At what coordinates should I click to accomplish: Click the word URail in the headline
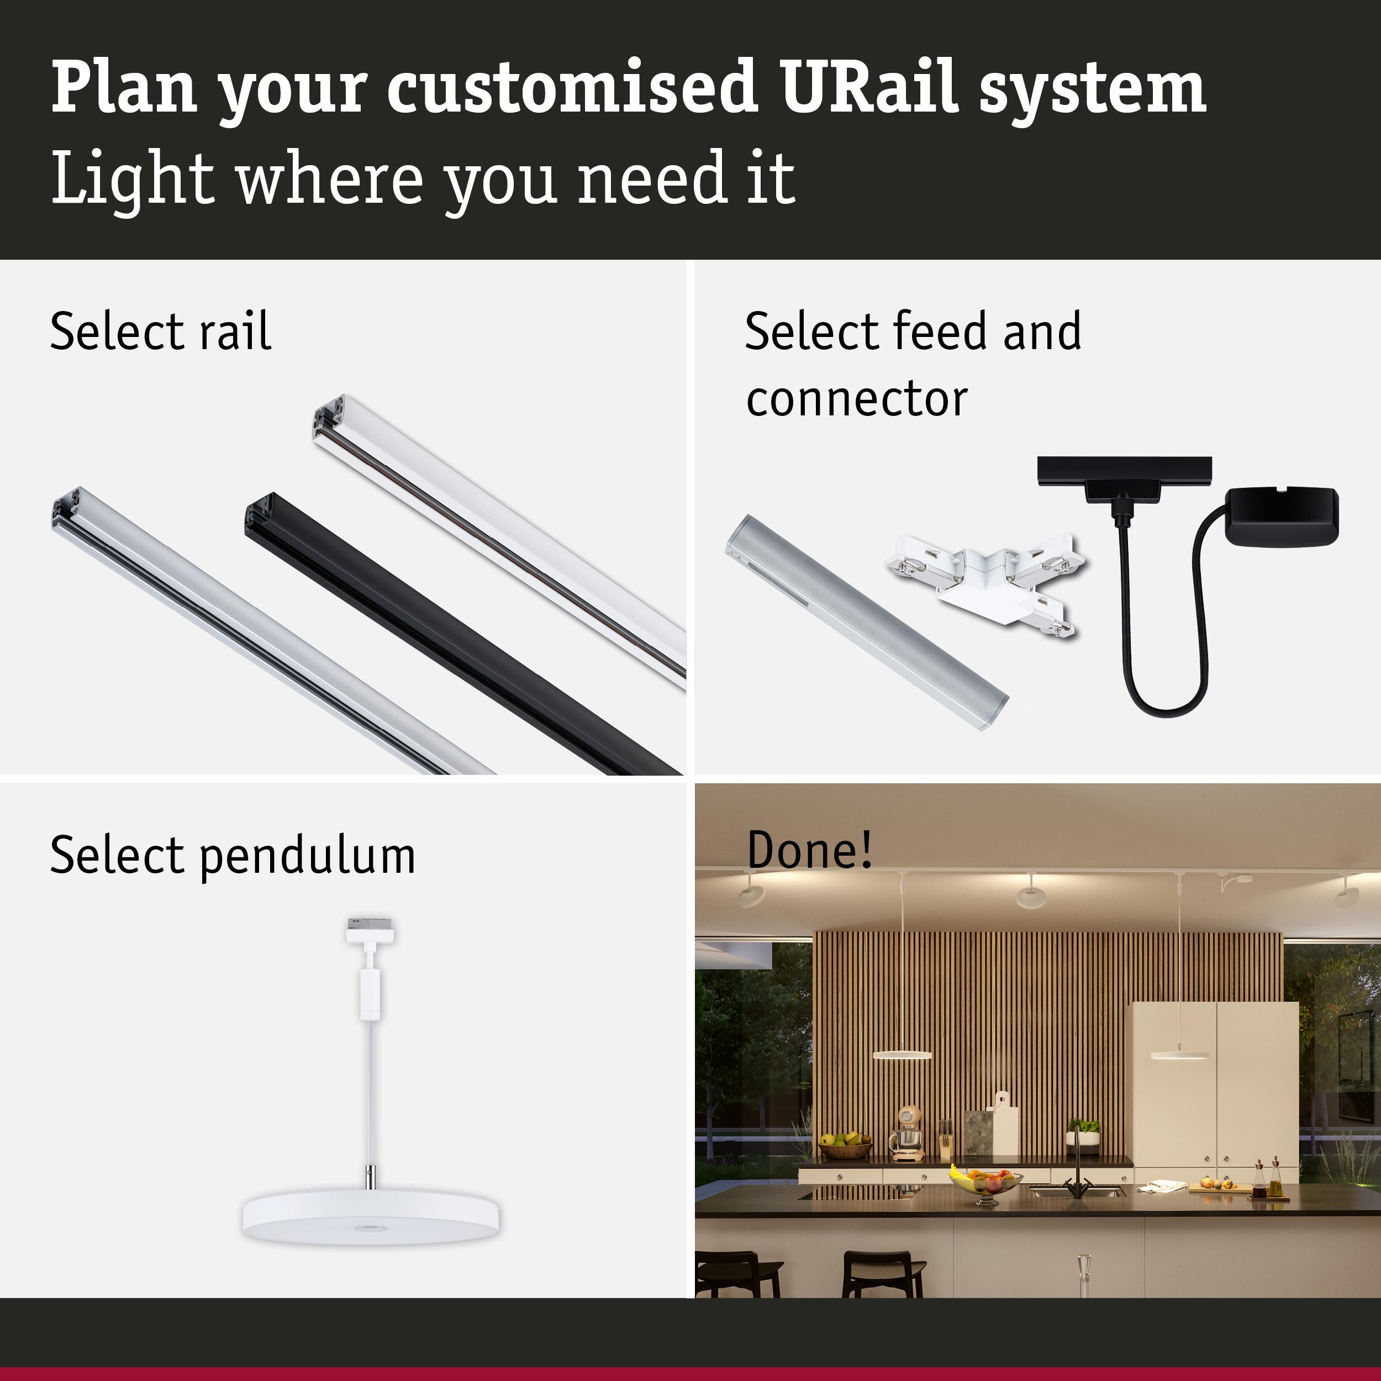click(869, 87)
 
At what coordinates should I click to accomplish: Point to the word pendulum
click(307, 856)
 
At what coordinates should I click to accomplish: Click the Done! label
click(809, 850)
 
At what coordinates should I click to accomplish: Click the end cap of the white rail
click(328, 421)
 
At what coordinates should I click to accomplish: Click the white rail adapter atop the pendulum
click(370, 931)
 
